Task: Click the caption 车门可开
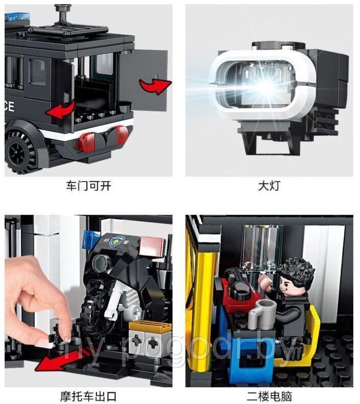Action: coord(88,186)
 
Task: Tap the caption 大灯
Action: coord(269,186)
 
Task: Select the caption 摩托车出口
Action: coord(88,396)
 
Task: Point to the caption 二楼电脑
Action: coord(269,396)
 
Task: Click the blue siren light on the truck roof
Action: coord(17,17)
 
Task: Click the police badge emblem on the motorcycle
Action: coord(115,241)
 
